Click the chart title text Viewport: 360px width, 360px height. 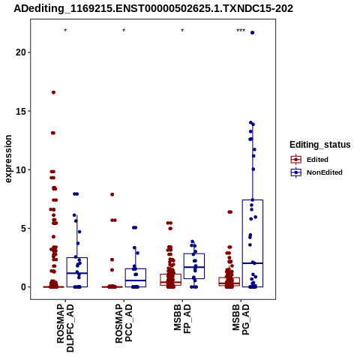coord(153,9)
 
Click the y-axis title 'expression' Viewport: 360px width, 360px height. coord(8,159)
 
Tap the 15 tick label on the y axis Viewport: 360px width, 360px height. coord(21,111)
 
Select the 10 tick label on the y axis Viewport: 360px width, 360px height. coord(21,169)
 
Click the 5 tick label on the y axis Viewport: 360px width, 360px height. coord(24,228)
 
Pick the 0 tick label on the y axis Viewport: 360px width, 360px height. coord(24,287)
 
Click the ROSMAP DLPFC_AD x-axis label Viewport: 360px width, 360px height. coord(65,328)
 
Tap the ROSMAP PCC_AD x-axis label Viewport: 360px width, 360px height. coord(124,323)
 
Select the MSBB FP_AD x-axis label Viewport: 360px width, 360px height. coord(182,319)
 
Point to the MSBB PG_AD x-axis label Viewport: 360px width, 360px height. coord(241,319)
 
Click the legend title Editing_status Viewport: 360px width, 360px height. coord(320,145)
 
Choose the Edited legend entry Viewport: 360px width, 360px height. coord(310,160)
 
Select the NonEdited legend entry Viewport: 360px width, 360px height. coord(316,172)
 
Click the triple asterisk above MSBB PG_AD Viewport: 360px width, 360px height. coord(241,31)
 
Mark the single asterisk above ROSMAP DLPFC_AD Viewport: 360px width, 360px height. coord(65,31)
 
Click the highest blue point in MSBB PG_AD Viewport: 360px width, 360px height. coord(253,33)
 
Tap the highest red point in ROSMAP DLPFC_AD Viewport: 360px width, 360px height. coord(53,92)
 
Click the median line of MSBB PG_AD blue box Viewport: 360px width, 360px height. coord(253,263)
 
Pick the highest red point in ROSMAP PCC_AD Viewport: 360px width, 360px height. coord(112,194)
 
